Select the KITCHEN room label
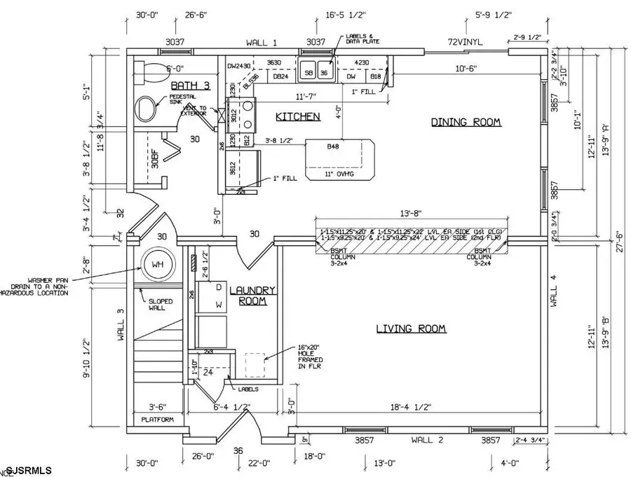click(x=297, y=116)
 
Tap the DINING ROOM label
click(x=466, y=122)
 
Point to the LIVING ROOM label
click(x=411, y=329)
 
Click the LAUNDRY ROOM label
click(x=253, y=295)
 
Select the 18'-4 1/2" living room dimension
click(x=411, y=406)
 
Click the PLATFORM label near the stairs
click(x=157, y=420)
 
